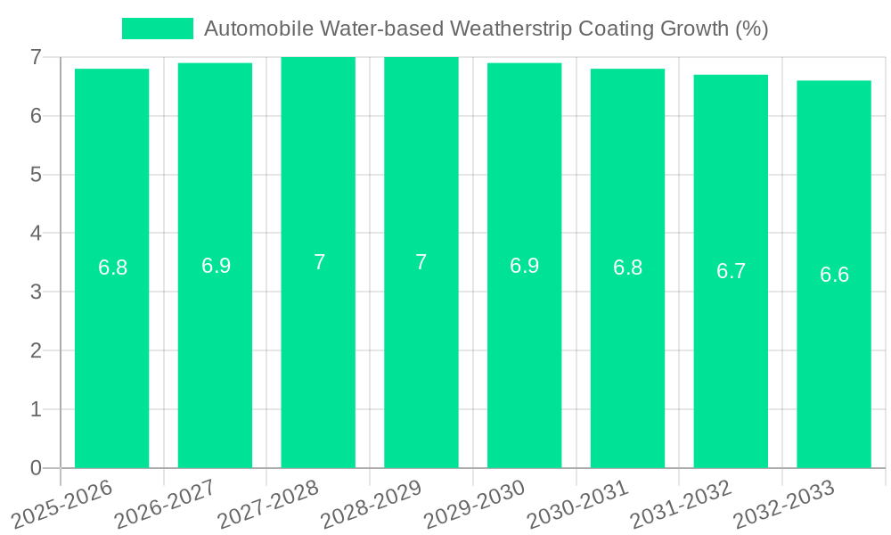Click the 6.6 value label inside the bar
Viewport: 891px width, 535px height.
click(834, 275)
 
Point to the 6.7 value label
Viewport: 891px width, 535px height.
click(731, 272)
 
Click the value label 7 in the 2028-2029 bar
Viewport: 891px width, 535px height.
click(421, 263)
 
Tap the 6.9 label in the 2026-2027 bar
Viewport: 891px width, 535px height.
click(216, 266)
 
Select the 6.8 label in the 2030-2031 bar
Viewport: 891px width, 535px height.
click(627, 268)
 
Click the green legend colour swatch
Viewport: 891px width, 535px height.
click(157, 29)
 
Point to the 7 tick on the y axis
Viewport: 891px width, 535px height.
click(36, 57)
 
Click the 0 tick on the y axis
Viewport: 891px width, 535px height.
click(36, 468)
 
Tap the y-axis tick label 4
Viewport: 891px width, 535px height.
click(36, 234)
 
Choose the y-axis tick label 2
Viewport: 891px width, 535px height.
click(36, 350)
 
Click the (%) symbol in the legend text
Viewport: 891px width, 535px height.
click(752, 29)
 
